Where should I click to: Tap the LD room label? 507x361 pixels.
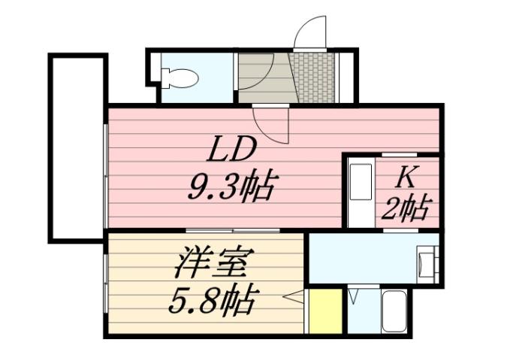coord(233,150)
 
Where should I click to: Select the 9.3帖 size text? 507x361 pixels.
coord(233,184)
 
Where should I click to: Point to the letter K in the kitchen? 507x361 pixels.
coord(406,177)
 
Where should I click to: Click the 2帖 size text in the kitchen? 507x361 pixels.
coord(406,207)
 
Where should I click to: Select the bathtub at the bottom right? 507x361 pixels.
coord(395,310)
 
